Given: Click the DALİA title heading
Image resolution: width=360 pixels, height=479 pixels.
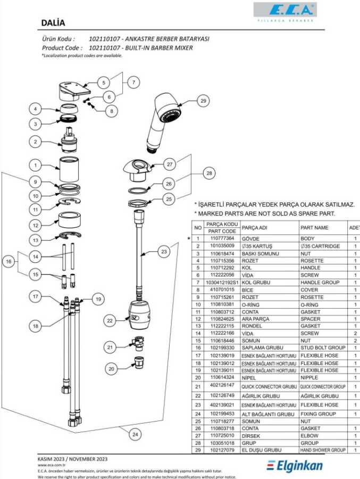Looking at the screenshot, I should (53, 23).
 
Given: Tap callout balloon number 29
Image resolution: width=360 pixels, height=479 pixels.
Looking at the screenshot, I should (203, 100).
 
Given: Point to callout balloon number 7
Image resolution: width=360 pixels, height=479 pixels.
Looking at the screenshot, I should (133, 82).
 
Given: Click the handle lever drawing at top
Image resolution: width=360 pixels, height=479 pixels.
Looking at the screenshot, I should (71, 92).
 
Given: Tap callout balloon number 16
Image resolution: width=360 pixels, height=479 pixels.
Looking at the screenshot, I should (9, 262).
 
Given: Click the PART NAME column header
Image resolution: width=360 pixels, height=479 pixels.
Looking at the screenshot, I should (315, 228).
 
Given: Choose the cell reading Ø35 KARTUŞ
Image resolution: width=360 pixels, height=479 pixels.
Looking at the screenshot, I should (257, 246).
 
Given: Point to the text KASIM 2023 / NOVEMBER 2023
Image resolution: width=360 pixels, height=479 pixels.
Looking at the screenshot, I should (73, 458).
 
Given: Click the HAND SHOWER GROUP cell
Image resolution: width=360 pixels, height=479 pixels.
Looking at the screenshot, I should (323, 450).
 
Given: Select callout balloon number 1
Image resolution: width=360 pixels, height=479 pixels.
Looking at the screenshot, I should (35, 165).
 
